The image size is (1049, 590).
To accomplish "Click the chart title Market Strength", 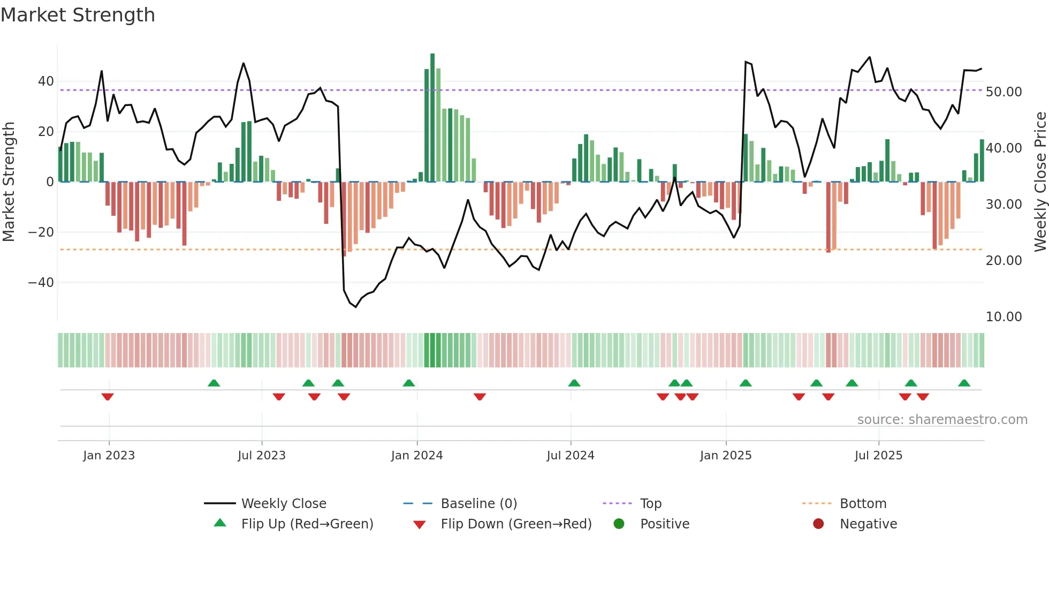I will click(x=78, y=15).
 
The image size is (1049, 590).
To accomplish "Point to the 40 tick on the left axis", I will click(x=46, y=81).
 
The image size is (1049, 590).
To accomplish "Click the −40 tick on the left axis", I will click(x=41, y=282).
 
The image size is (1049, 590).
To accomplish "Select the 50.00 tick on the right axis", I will click(x=1004, y=92).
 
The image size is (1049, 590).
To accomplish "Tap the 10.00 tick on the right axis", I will click(x=1004, y=317).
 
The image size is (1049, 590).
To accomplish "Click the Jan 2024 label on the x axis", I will click(x=417, y=456).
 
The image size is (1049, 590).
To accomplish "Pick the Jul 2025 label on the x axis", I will click(x=878, y=456).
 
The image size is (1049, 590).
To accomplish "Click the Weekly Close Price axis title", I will click(x=1040, y=182).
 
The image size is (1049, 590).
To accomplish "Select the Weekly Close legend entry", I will click(x=283, y=504).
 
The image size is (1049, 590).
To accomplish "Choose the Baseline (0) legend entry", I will click(x=478, y=504).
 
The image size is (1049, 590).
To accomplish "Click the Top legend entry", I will click(x=651, y=504).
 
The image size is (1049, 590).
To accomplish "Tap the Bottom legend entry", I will click(x=863, y=504).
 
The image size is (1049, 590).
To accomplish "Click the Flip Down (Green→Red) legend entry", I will click(x=516, y=524).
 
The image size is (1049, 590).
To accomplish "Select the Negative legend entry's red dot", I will click(x=818, y=524).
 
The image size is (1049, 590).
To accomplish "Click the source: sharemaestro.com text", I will click(x=942, y=420).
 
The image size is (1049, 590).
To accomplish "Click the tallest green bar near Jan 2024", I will click(x=432, y=118).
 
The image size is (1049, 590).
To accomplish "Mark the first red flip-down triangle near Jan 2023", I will click(x=108, y=397).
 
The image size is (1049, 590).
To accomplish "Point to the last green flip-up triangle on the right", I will click(x=964, y=383).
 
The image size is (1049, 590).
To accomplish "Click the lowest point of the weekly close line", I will click(x=355, y=307).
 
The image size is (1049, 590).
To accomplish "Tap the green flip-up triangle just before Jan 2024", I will click(x=409, y=383).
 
